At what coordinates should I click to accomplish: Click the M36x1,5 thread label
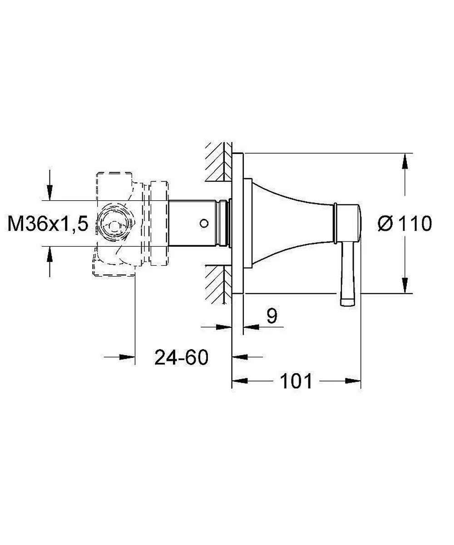point(48,223)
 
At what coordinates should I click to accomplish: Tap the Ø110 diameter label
point(405,223)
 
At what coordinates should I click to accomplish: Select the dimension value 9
point(272,316)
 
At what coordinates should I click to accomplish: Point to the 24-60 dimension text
point(181,357)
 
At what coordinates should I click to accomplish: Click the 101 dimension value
point(296,381)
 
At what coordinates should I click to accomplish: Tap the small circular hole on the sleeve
point(204,223)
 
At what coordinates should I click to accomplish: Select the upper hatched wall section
point(218,162)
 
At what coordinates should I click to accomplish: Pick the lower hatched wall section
point(218,284)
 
